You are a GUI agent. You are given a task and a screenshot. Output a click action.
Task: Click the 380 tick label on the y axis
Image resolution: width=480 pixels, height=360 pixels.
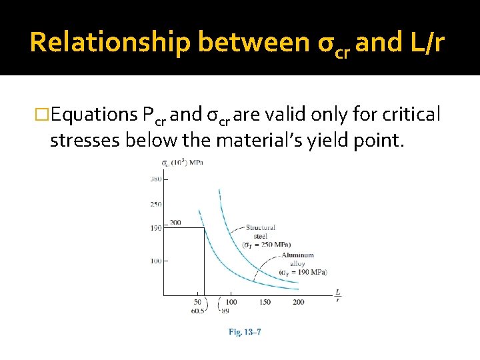point(155,178)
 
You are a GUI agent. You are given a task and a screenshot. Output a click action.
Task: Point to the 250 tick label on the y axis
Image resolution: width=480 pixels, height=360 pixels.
point(155,203)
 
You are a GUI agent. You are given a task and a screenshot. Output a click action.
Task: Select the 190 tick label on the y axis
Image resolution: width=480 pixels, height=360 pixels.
point(155,228)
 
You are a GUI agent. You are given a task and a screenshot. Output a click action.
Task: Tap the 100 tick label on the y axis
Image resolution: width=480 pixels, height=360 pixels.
point(155,261)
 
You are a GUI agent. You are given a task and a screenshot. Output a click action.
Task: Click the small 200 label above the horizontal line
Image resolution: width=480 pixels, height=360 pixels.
point(175,222)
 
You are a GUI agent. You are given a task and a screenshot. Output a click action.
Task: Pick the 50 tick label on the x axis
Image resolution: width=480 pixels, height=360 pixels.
point(198,303)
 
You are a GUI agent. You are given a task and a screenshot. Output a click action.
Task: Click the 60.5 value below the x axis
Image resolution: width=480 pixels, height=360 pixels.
point(197,311)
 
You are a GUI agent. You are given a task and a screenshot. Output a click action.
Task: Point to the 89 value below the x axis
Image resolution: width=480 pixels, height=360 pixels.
point(225,311)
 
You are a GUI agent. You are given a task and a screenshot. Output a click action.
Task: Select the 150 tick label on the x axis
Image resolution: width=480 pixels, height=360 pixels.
point(265,303)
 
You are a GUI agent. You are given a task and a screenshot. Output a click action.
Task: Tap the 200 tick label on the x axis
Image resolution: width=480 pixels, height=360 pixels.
point(298,303)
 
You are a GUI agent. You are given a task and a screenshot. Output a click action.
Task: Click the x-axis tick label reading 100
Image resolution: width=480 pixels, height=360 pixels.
point(231,303)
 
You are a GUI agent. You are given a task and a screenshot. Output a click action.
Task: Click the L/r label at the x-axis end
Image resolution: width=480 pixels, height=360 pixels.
point(338,295)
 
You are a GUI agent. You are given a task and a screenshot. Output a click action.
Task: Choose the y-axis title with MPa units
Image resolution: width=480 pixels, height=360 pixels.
point(183,162)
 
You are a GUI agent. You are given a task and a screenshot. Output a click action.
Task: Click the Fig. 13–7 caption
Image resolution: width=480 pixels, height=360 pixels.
point(245,331)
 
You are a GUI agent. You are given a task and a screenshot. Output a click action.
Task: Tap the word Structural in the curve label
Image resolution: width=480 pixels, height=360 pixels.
point(261,228)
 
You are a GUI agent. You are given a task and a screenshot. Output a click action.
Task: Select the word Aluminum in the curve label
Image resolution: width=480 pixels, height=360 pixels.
point(297,255)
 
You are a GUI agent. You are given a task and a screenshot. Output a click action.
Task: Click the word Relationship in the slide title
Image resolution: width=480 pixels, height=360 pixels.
point(110,42)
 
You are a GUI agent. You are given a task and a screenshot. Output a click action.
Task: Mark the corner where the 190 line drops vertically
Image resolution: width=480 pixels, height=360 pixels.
point(203,228)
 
